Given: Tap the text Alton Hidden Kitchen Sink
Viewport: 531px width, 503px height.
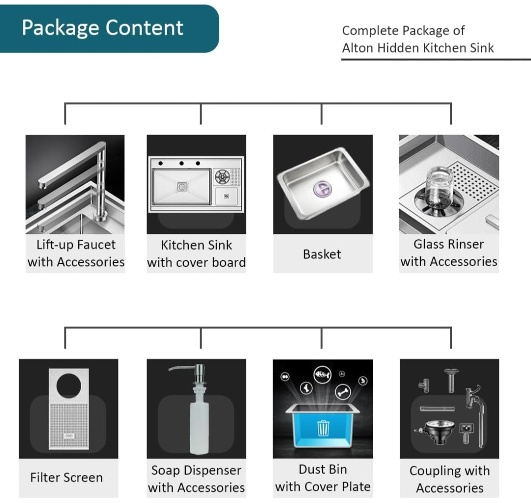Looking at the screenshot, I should click(x=417, y=48).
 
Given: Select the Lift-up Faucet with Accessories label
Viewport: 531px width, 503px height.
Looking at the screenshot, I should click(x=76, y=253).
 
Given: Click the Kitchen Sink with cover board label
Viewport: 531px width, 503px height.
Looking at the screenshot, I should click(x=196, y=253).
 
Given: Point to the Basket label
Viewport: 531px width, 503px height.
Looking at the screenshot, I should click(x=322, y=254).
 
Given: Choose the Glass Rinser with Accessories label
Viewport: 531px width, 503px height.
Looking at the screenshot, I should click(x=448, y=253).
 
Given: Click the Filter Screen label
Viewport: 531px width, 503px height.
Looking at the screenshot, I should click(x=66, y=477).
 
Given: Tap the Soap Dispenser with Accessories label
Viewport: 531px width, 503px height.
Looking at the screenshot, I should click(x=196, y=478).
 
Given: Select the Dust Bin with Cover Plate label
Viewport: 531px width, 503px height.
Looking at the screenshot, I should click(x=323, y=478).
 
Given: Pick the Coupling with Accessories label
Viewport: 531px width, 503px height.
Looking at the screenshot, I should click(x=449, y=479).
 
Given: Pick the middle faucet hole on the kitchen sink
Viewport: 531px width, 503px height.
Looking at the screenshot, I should click(x=181, y=163).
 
